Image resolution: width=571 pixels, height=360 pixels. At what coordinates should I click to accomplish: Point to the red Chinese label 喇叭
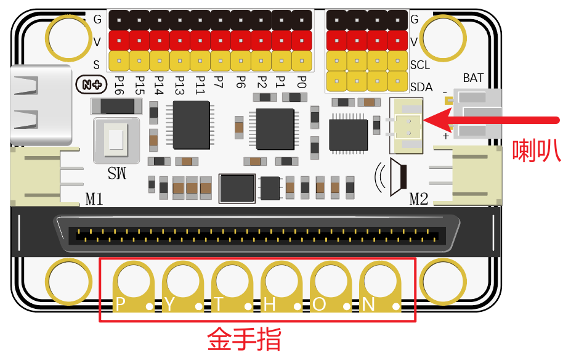[x=537, y=150]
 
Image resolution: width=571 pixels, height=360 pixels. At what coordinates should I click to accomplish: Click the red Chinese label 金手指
[x=245, y=338]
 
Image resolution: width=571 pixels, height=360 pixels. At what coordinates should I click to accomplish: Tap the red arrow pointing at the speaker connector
[x=493, y=119]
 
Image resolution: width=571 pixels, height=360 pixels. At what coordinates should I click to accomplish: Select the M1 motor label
[x=94, y=198]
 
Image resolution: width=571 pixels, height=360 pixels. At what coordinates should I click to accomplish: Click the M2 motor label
[x=419, y=198]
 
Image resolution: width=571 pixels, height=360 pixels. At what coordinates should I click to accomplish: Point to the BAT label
[x=473, y=78]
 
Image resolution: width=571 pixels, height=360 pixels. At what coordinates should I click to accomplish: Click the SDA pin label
[x=421, y=87]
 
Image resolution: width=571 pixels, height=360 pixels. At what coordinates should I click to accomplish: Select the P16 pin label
[x=119, y=84]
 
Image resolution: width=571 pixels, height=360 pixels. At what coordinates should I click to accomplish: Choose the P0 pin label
[x=301, y=83]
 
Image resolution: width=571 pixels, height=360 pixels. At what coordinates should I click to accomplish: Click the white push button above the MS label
[x=115, y=138]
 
